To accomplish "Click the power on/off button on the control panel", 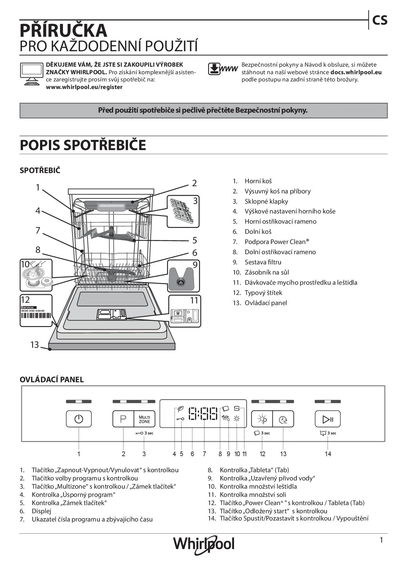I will [x=79, y=419].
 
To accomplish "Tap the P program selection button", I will [x=123, y=419].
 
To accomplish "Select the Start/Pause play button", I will [x=328, y=419].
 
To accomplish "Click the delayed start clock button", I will [x=283, y=419].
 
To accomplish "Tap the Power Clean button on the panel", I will [x=262, y=419].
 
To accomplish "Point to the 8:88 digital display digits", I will [x=203, y=414].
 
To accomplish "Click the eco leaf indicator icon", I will [x=180, y=409].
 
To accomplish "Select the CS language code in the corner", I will [x=379, y=21].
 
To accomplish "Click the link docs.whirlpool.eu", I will [x=356, y=72].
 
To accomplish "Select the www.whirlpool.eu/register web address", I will [x=84, y=87].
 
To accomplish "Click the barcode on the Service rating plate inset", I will [x=36, y=316].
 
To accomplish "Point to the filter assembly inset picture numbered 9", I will [x=184, y=276].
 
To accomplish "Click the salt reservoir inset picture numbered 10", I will [x=36, y=275].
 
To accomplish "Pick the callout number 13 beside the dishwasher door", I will [x=34, y=344].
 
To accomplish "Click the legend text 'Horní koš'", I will [x=258, y=181].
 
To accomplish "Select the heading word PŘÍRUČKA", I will [x=63, y=31].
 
